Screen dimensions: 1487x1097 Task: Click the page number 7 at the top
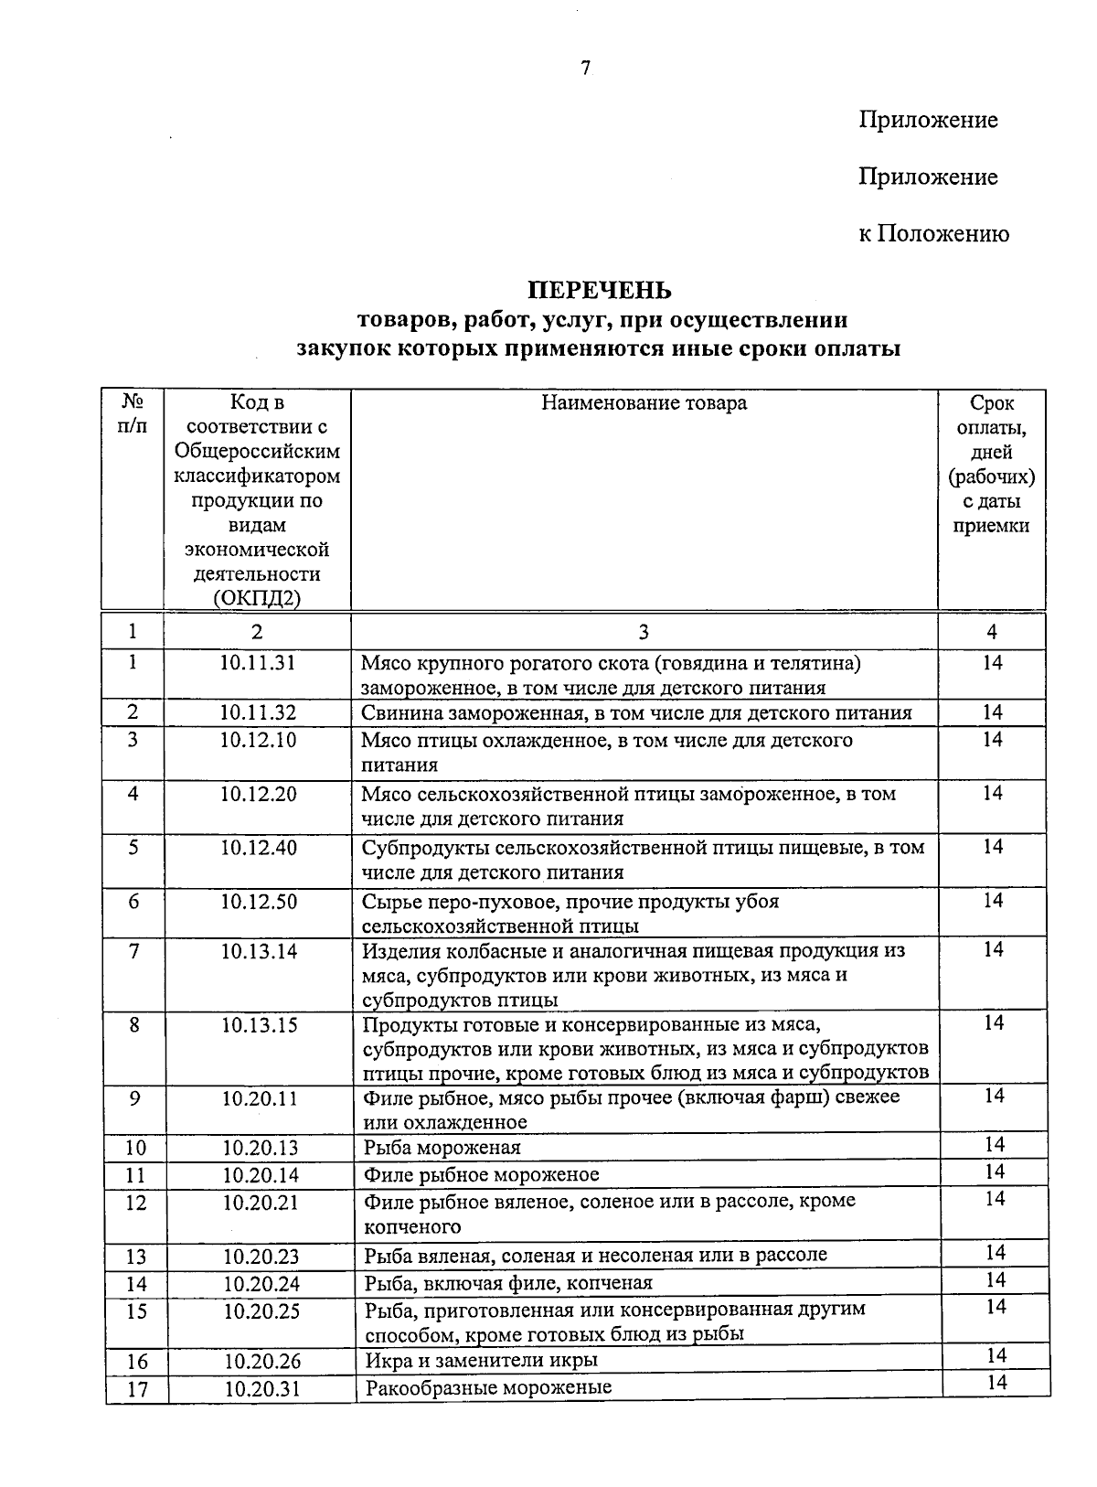pos(586,67)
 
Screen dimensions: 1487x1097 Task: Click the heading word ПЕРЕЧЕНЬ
pos(600,290)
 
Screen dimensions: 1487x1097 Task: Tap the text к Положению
pos(933,234)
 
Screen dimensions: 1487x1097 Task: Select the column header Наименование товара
pos(644,403)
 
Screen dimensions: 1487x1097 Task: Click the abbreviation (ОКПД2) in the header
pos(257,599)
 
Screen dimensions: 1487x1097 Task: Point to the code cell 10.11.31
pos(258,662)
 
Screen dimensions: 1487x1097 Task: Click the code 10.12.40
pos(258,848)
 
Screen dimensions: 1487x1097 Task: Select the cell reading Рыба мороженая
pos(442,1148)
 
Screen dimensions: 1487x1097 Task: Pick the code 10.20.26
pos(261,1361)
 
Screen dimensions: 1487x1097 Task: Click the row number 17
pos(136,1389)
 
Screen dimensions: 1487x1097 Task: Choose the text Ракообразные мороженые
pos(488,1388)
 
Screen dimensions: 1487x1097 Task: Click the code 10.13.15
pos(260,1025)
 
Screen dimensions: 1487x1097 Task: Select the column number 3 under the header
pos(644,632)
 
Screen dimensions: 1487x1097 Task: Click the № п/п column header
pos(133,414)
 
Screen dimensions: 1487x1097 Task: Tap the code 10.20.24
pos(261,1284)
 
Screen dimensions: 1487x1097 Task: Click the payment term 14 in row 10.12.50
pos(993,901)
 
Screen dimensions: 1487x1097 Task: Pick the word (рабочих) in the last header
pos(992,476)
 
